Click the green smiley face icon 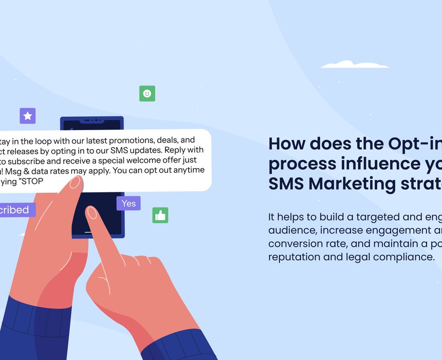147,94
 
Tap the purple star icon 28,116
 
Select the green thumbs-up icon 160,215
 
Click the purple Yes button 128,203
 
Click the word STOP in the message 33,181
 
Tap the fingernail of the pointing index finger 92,212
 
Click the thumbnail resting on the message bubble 75,183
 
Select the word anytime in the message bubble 187,170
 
